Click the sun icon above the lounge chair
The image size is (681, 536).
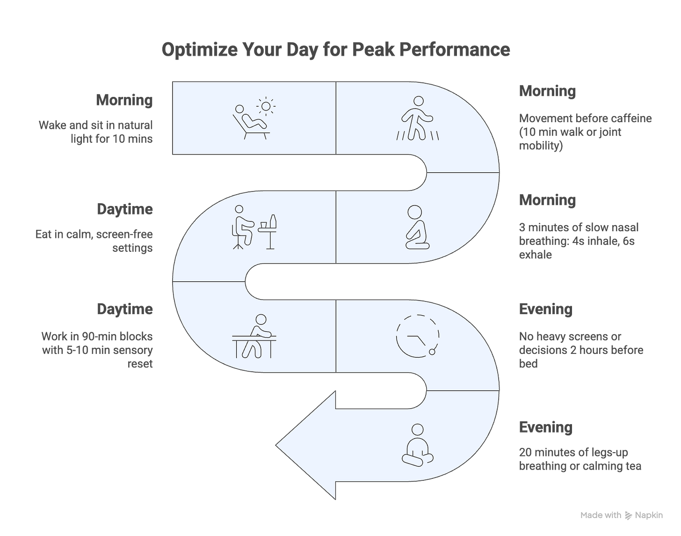(266, 106)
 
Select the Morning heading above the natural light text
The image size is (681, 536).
(125, 100)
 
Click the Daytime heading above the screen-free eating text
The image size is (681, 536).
(125, 209)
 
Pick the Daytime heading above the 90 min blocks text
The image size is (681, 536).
(125, 309)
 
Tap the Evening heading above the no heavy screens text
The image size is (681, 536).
(545, 309)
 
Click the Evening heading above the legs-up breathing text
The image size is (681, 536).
(545, 427)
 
